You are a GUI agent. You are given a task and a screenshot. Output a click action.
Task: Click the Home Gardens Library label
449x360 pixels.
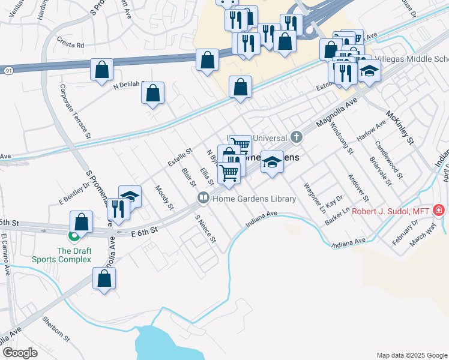(255, 199)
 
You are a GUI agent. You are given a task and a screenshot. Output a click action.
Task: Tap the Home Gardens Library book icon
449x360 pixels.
(203, 197)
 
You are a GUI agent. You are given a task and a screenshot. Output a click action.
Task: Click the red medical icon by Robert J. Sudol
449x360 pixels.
(439, 210)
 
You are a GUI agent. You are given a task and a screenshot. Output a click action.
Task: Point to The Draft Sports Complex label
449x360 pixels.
(74, 255)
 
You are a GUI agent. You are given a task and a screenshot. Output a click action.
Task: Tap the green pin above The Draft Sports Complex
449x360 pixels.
(74, 238)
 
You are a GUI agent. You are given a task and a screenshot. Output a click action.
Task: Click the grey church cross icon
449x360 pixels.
(296, 137)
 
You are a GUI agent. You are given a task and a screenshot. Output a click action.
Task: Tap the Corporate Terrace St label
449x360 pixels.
(74, 112)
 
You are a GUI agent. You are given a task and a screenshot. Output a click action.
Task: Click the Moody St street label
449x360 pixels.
(164, 197)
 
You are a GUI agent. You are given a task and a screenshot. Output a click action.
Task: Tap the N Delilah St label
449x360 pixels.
(130, 85)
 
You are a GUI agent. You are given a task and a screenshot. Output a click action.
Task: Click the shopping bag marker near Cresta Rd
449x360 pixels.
(101, 68)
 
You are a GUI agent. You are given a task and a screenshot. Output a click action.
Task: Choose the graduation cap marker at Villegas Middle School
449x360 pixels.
(370, 71)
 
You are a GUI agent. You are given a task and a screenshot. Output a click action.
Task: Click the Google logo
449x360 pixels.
(20, 353)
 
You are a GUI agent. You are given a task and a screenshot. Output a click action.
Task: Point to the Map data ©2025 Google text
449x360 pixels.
(411, 355)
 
